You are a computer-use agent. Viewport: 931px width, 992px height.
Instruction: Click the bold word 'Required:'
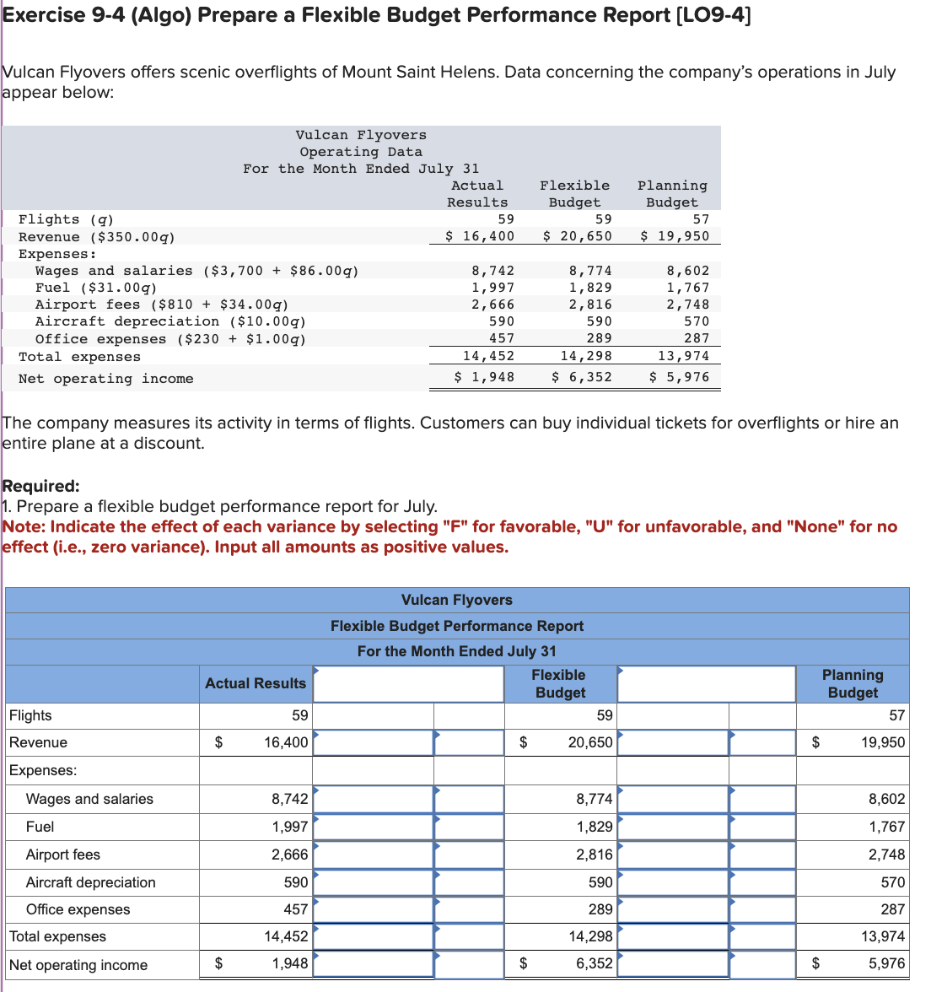point(41,486)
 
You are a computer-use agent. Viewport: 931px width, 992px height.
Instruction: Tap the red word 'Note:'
point(24,527)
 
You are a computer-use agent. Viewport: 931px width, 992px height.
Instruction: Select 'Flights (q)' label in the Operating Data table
point(66,219)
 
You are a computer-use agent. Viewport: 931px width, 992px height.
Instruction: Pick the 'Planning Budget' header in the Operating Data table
point(672,194)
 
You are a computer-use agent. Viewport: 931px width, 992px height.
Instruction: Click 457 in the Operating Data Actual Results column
point(501,338)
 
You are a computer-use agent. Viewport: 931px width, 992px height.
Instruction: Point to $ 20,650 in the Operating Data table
point(577,236)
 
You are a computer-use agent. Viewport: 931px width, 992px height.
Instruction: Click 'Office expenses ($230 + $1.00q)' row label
point(170,339)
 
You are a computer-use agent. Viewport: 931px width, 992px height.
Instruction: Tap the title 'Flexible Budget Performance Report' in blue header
point(456,626)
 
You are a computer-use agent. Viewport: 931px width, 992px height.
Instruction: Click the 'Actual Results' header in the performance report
point(256,683)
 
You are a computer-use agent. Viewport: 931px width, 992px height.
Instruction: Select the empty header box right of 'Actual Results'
point(409,684)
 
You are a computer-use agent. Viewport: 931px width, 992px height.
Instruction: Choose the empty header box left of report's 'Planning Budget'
point(707,684)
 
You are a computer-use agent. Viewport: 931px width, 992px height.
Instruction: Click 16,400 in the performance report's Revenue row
point(286,742)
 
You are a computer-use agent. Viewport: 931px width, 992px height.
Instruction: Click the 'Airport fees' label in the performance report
point(63,855)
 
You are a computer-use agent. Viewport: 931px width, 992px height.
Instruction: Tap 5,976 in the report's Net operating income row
point(886,963)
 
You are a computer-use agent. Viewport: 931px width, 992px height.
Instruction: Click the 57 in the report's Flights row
point(896,715)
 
